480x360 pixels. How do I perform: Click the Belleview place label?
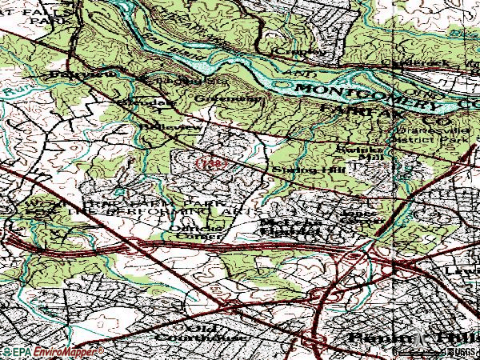160,126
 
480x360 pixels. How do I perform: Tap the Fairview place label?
93,74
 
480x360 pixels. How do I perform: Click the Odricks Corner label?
193,231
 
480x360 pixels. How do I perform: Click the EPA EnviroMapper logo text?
53,351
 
